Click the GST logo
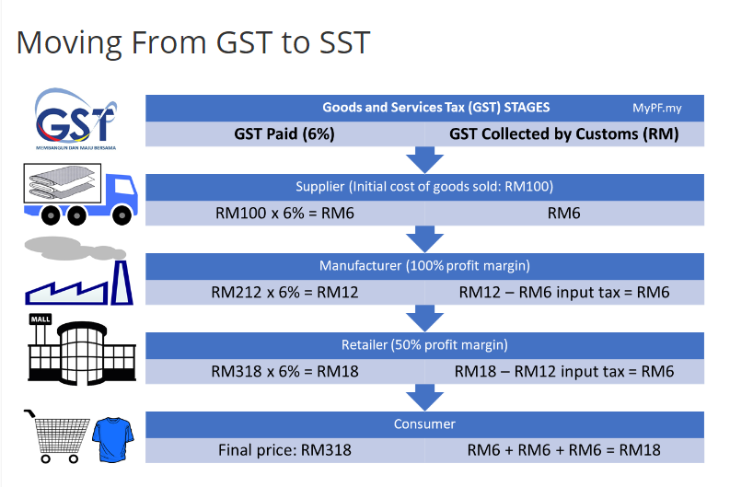click(x=75, y=119)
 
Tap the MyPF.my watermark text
click(x=656, y=108)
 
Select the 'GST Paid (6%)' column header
click(x=284, y=134)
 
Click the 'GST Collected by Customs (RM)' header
click(x=563, y=134)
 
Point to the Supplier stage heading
click(x=424, y=187)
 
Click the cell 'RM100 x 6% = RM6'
click(x=284, y=214)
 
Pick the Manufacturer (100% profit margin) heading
click(x=424, y=266)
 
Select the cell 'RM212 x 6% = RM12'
click(x=284, y=293)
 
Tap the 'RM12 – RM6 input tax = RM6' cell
click(x=563, y=293)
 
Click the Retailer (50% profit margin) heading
click(x=424, y=345)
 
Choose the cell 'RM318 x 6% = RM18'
click(x=284, y=372)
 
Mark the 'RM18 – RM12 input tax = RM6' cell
click(x=563, y=372)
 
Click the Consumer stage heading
click(x=424, y=424)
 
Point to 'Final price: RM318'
click(x=284, y=450)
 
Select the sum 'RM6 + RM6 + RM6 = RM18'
click(x=563, y=450)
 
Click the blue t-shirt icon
click(x=113, y=439)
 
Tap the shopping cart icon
click(x=57, y=436)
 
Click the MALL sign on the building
click(x=41, y=319)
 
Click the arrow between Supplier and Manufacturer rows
click(x=424, y=239)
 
